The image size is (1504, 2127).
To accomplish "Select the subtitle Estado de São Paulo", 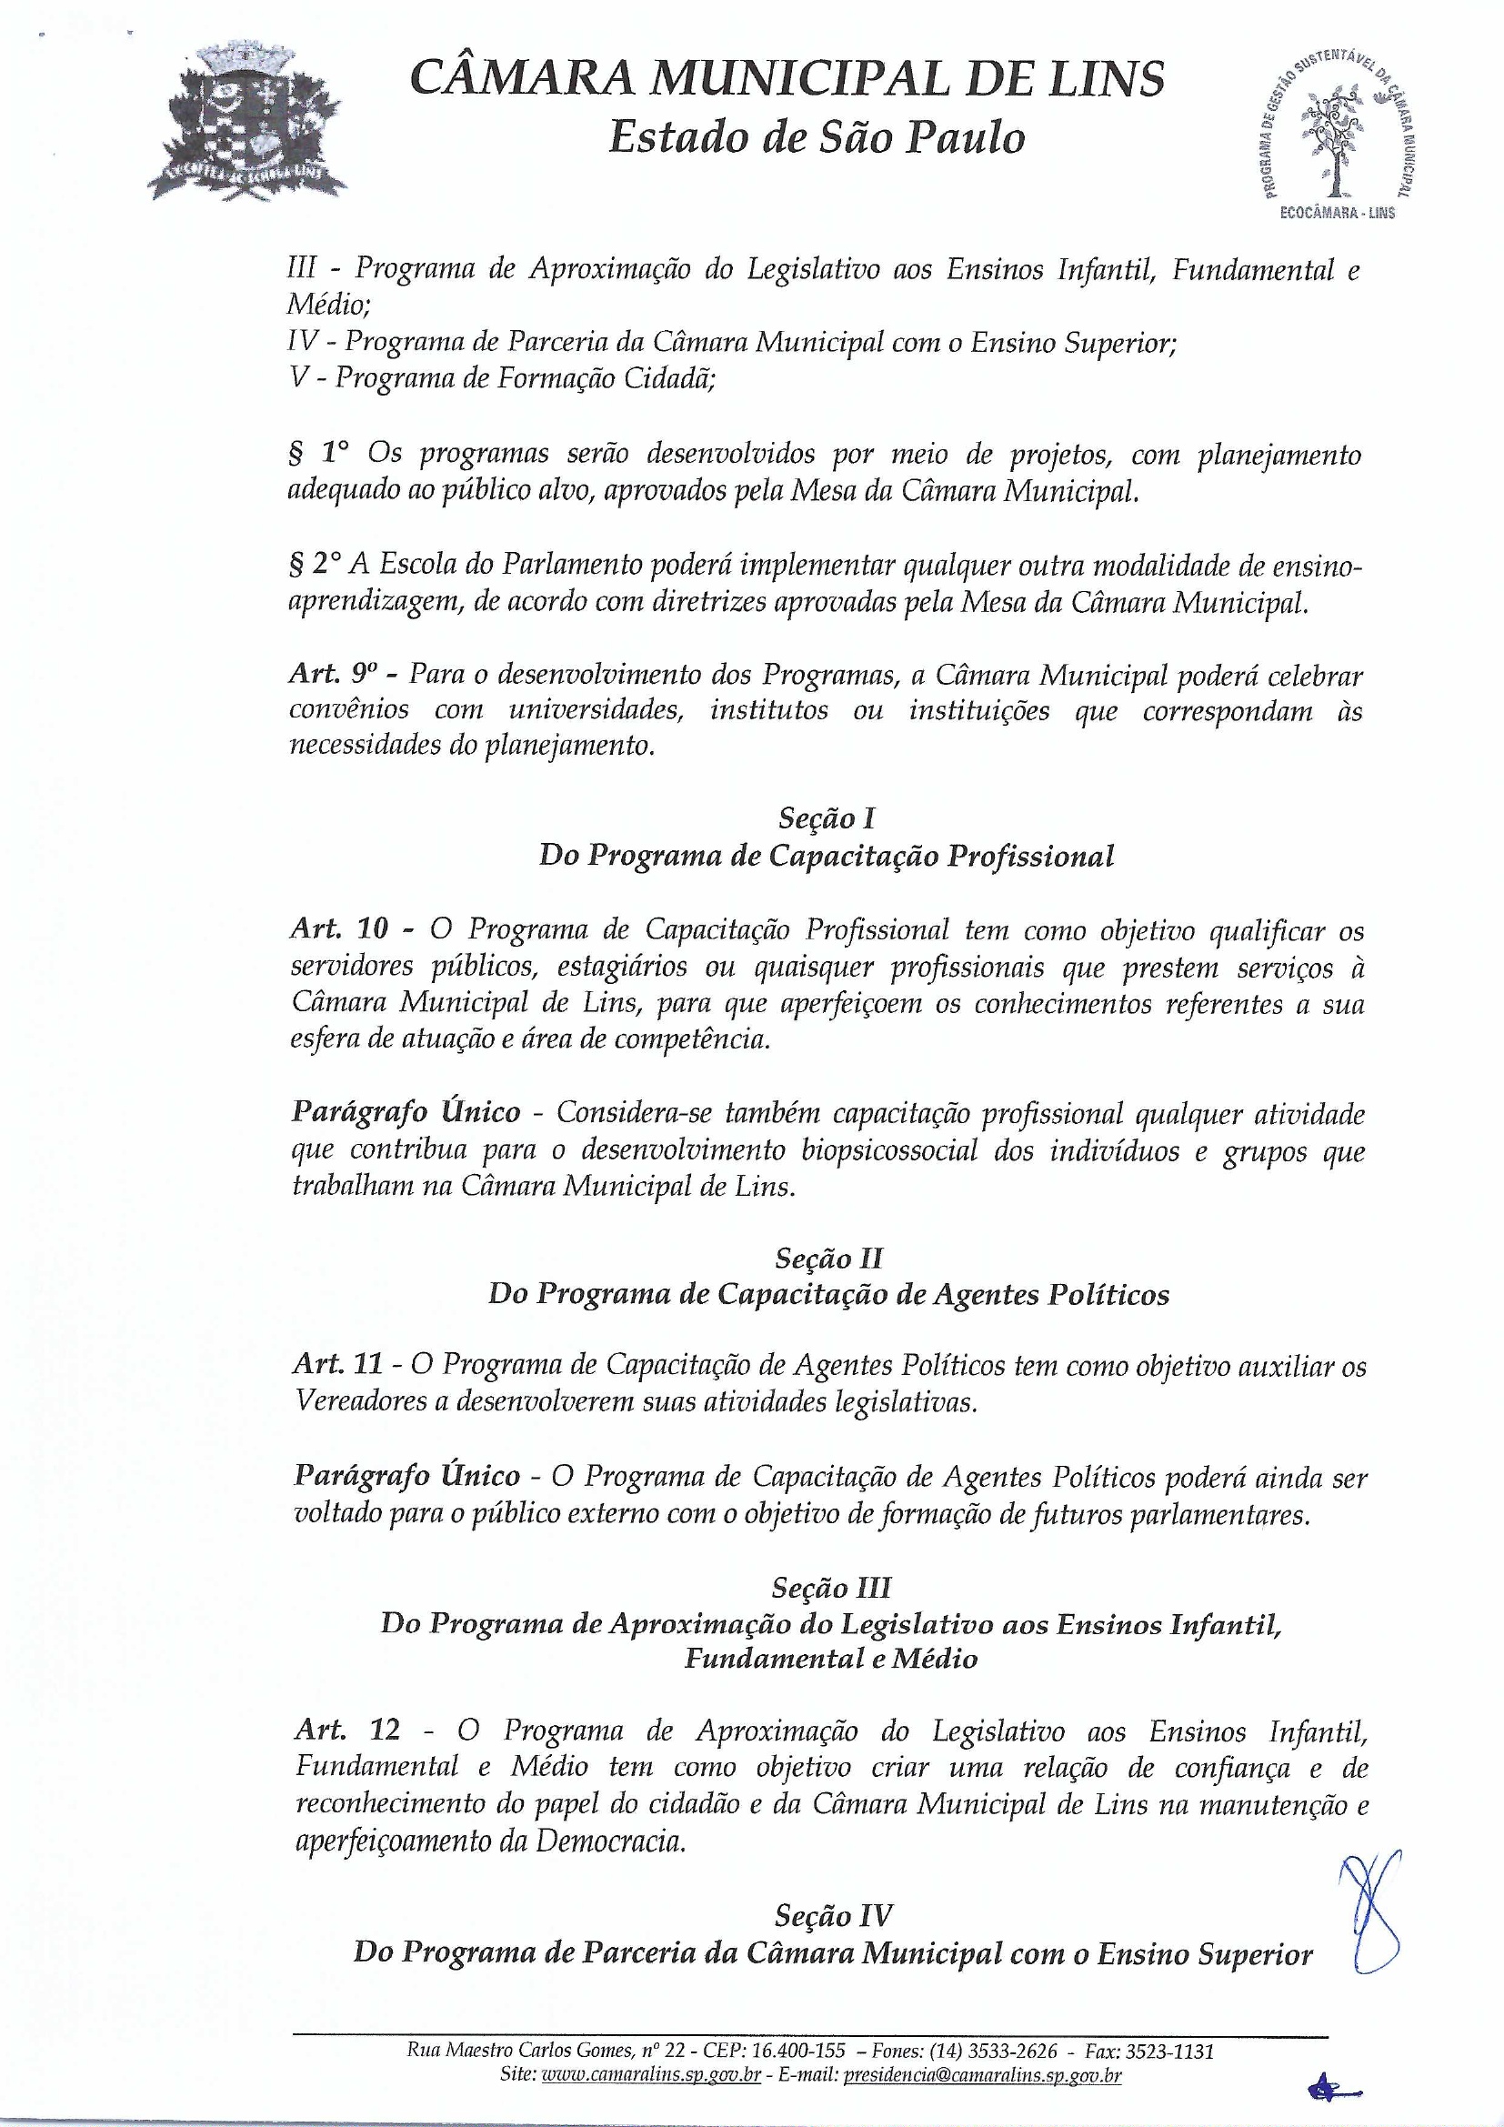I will (817, 138).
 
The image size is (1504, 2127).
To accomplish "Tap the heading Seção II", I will (828, 1258).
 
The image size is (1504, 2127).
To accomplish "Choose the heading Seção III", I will (830, 1588).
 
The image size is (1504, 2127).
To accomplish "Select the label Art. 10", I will (338, 929).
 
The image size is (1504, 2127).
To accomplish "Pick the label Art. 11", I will (337, 1364).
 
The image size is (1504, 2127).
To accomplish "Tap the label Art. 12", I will (347, 1730).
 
